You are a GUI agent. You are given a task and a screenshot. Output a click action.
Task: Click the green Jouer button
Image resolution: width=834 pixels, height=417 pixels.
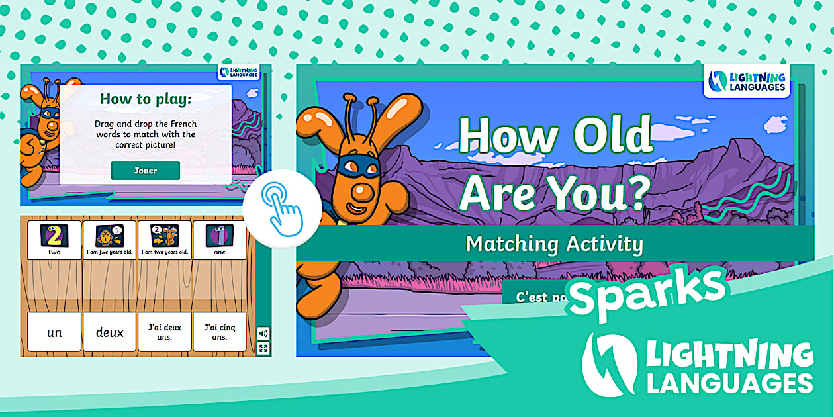(x=146, y=170)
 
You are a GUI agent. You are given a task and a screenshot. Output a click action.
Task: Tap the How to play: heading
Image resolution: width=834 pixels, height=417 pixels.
(x=146, y=100)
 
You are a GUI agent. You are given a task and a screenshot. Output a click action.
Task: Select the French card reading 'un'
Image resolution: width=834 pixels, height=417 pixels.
(x=54, y=332)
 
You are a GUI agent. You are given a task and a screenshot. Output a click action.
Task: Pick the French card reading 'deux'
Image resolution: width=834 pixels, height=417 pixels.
(x=110, y=332)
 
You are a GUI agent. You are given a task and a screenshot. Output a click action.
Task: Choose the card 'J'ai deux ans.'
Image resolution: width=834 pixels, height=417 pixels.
(x=165, y=332)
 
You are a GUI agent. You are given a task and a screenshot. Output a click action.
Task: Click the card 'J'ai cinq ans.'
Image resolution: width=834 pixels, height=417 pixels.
(x=220, y=332)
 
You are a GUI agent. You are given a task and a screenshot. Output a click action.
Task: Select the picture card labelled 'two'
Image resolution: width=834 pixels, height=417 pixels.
(x=54, y=240)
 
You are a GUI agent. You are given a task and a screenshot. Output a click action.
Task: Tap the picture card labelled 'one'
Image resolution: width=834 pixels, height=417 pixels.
(x=220, y=240)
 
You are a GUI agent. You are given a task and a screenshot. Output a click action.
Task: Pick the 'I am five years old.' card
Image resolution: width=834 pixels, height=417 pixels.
(x=110, y=240)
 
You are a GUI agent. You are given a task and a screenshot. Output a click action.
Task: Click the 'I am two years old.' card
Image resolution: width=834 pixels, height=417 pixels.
(x=165, y=240)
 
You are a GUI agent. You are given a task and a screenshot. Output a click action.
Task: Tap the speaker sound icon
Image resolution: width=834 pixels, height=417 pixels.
(x=263, y=334)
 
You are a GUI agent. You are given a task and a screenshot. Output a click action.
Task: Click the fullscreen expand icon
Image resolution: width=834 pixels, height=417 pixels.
(x=263, y=349)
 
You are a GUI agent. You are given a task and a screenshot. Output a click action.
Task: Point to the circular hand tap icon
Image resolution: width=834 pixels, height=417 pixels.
(x=282, y=208)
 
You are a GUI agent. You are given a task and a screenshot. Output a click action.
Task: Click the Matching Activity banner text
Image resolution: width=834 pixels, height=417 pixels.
(x=555, y=244)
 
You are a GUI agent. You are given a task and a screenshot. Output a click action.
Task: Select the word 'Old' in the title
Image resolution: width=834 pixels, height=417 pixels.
(x=613, y=136)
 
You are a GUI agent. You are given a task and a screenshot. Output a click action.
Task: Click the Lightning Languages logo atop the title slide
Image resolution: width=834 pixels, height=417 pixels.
(x=747, y=81)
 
